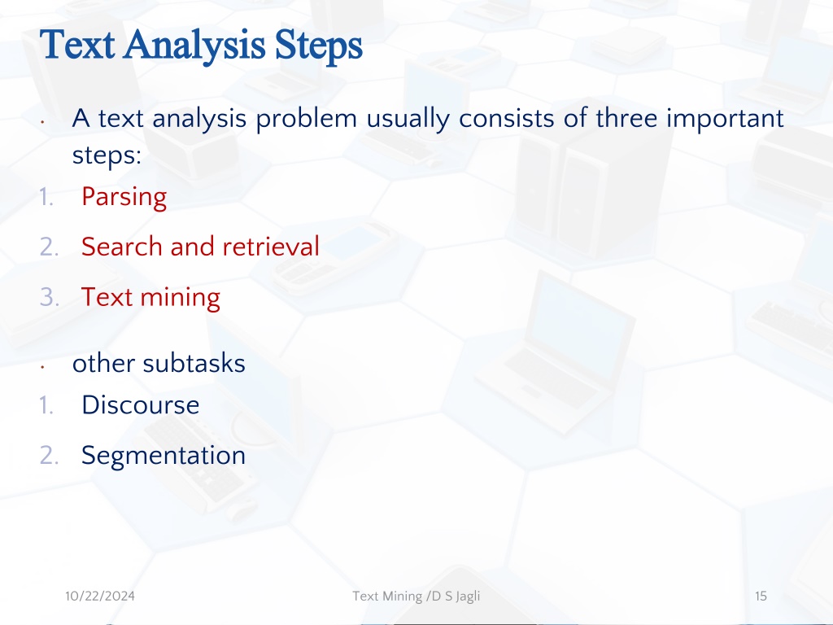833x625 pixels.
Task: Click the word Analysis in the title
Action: pos(194,46)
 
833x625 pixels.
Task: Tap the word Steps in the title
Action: pos(319,46)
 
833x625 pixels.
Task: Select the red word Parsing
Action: pos(124,197)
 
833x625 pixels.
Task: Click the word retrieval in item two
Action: pos(271,247)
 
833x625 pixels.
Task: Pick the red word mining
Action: pos(180,298)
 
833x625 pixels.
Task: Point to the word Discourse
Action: pos(140,405)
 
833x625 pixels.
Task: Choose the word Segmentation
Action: pos(164,456)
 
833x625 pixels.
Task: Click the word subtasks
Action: pos(194,364)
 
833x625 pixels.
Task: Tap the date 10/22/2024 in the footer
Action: pos(100,597)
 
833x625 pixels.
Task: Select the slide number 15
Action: pos(761,597)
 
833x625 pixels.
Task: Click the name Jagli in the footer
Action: pos(468,597)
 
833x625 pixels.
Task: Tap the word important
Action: pos(725,119)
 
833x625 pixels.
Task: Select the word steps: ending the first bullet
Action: pos(107,155)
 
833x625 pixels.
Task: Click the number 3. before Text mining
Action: pos(50,297)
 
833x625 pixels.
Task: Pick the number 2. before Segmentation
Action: pos(50,456)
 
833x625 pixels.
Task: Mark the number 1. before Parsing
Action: pos(46,197)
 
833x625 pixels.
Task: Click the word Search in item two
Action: pos(122,247)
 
